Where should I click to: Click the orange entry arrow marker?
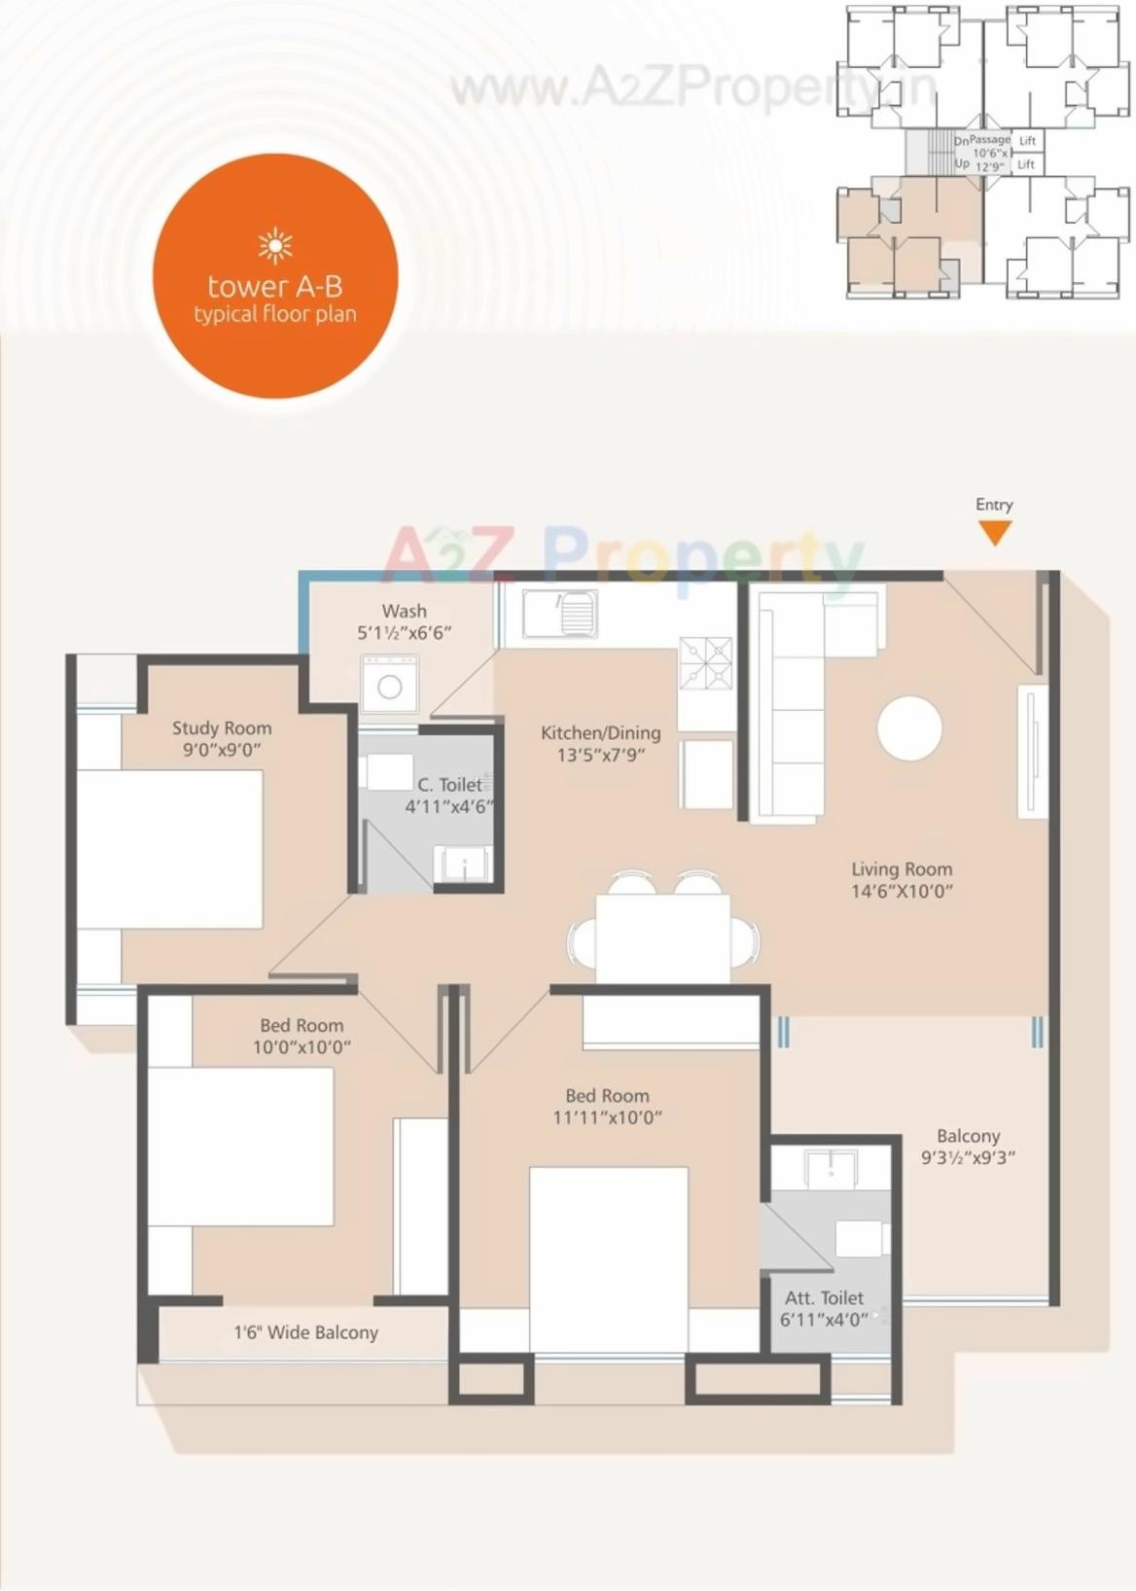pyautogui.click(x=994, y=532)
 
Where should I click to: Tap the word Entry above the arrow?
pyautogui.click(x=994, y=505)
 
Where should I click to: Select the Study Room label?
pyautogui.click(x=222, y=728)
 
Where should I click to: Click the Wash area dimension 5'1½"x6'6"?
pyautogui.click(x=404, y=633)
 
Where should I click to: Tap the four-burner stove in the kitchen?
pyautogui.click(x=705, y=662)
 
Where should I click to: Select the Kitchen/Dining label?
pyautogui.click(x=600, y=733)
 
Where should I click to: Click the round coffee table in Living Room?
pyautogui.click(x=909, y=728)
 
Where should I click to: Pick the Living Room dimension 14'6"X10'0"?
pyautogui.click(x=902, y=891)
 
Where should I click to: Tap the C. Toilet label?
pyautogui.click(x=449, y=785)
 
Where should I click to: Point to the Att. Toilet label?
pyautogui.click(x=824, y=1298)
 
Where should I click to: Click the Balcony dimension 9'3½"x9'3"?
pyautogui.click(x=968, y=1157)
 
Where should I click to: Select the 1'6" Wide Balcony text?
pyautogui.click(x=305, y=1333)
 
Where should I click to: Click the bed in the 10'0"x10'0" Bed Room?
pyautogui.click(x=240, y=1147)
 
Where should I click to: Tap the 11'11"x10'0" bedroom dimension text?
pyautogui.click(x=607, y=1117)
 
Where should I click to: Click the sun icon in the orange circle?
pyautogui.click(x=275, y=246)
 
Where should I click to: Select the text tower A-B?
pyautogui.click(x=275, y=286)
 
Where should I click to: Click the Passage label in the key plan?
pyautogui.click(x=990, y=140)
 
